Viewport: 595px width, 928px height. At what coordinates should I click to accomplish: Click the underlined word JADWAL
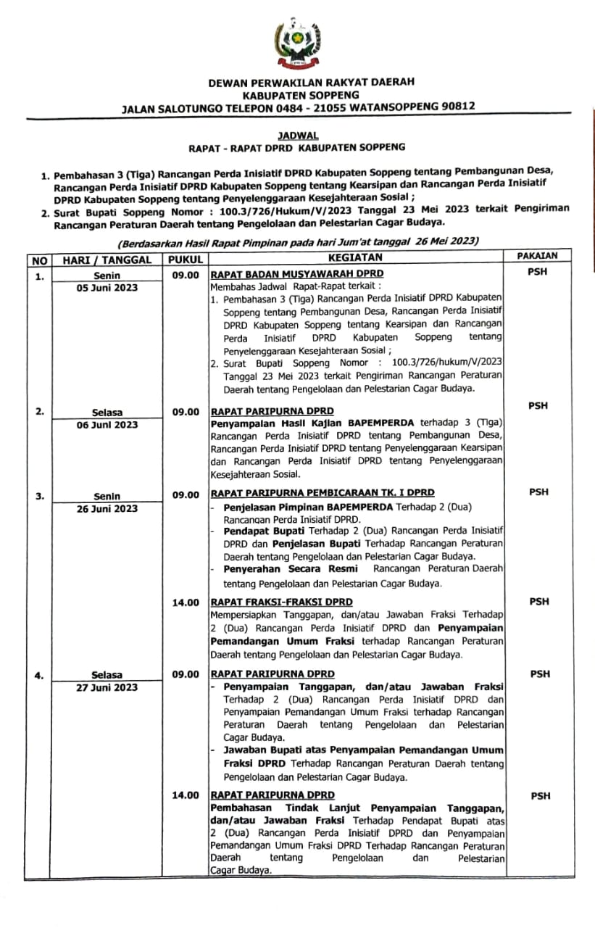(x=297, y=135)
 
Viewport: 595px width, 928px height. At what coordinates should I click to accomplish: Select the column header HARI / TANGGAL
(x=107, y=260)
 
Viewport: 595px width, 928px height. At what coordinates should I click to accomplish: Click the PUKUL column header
(x=186, y=260)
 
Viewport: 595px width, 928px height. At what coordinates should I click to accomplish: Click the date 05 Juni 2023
(x=107, y=287)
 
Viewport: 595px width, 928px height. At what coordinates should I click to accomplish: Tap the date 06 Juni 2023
(x=107, y=425)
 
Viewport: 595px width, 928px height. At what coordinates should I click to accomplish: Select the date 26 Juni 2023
(x=107, y=508)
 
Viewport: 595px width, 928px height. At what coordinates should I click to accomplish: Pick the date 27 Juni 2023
(x=107, y=687)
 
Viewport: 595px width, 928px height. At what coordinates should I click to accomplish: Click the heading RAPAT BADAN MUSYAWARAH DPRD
(x=297, y=274)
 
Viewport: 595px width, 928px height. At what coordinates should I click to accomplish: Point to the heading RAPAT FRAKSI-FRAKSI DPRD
(x=281, y=602)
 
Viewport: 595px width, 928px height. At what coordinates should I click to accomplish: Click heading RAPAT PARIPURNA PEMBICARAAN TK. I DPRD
(x=323, y=493)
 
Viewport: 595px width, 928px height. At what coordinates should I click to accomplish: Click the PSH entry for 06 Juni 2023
(x=538, y=406)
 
